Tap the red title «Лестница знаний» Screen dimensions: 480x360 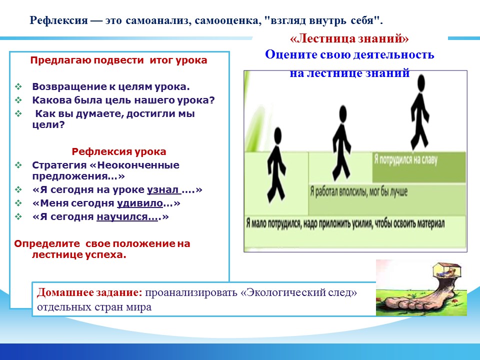click(349, 38)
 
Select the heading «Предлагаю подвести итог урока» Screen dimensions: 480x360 click(119, 60)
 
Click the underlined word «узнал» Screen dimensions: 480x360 click(164, 190)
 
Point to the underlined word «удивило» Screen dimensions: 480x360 click(139, 203)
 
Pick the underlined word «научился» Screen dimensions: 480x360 click(127, 216)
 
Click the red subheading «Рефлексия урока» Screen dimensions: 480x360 click(119, 151)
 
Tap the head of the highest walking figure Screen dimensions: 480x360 click(421, 83)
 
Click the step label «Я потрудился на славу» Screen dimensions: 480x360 click(405, 160)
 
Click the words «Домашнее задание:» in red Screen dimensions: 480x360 click(89, 292)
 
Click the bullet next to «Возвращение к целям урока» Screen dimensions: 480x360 click(18, 86)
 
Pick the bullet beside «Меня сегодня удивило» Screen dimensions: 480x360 click(18, 203)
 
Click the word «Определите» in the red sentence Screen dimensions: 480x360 click(47, 243)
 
